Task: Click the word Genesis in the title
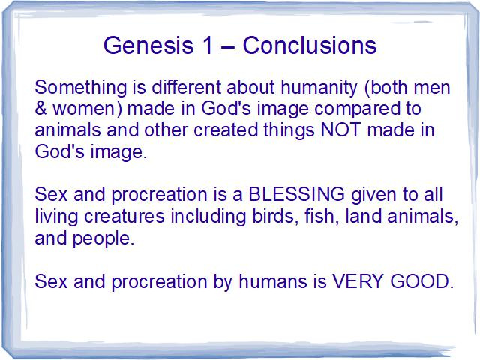(148, 46)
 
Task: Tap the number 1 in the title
(207, 45)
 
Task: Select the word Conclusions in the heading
(310, 45)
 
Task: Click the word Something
(80, 88)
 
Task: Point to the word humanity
(319, 88)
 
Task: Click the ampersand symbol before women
(40, 108)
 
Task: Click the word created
(226, 130)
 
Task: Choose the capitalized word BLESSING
(296, 194)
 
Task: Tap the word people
(103, 238)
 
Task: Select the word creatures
(124, 217)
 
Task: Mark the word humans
(273, 281)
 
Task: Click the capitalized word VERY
(358, 281)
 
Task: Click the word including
(208, 217)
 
